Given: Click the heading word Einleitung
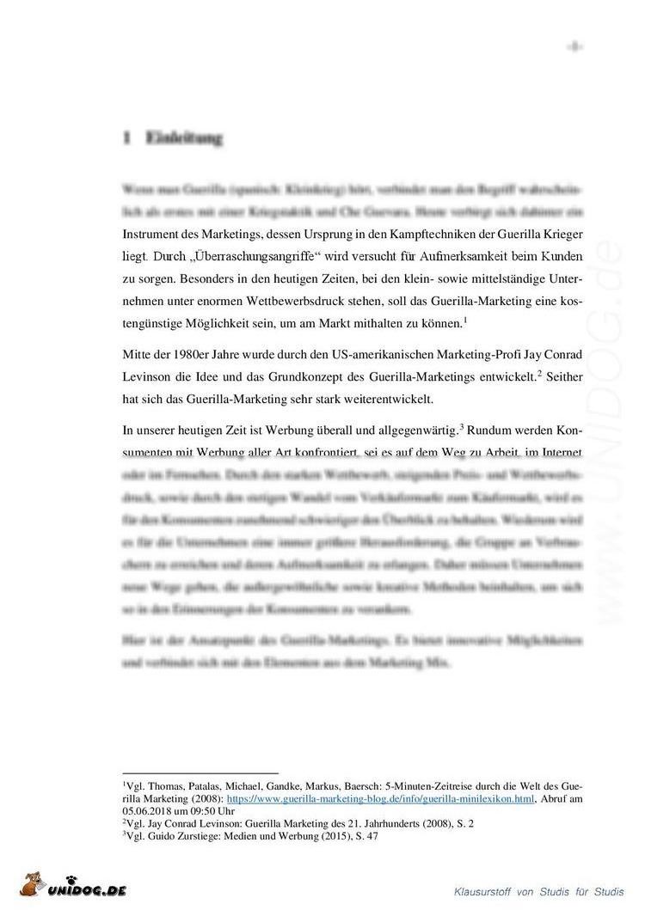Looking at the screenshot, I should point(184,137).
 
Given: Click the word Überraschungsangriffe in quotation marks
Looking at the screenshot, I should point(256,256).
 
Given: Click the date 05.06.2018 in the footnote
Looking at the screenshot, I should point(147,810).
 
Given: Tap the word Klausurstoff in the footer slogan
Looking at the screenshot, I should point(488,892).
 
